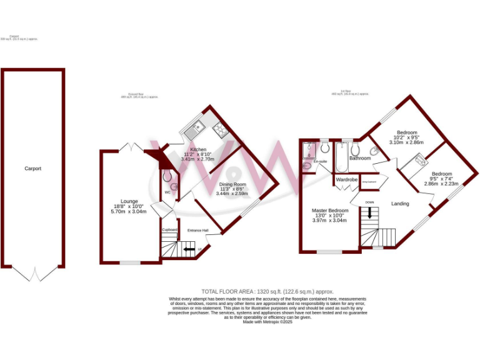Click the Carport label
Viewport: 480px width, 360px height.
point(33,169)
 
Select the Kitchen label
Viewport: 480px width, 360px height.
point(198,150)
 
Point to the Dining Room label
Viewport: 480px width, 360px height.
point(232,184)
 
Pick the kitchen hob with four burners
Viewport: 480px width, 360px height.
point(221,129)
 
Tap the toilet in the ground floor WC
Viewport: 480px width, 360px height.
point(167,177)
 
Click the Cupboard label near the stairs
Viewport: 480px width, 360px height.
point(170,230)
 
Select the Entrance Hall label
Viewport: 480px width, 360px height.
point(198,231)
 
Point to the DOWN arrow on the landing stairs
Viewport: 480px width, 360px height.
point(370,212)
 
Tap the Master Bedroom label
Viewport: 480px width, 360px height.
point(329,211)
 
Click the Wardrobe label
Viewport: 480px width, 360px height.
point(346,180)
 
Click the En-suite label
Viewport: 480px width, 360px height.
point(321,162)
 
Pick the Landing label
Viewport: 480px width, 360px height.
point(400,204)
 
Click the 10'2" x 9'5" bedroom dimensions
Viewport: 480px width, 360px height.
point(406,137)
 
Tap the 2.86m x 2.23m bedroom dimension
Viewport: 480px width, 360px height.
point(441,184)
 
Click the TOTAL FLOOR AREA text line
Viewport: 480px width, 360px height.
point(267,292)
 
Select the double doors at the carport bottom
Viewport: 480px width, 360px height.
point(33,274)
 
